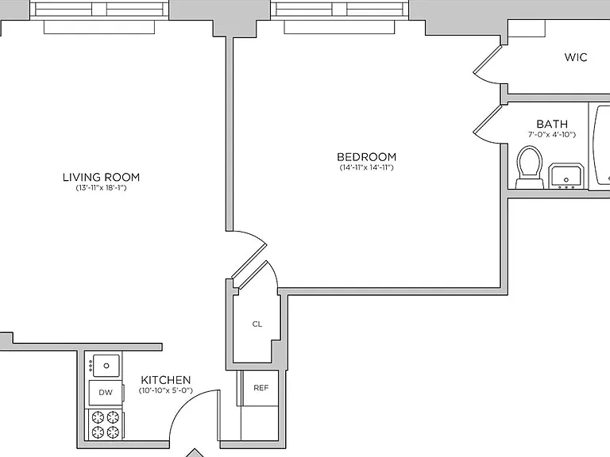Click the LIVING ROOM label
coord(101,177)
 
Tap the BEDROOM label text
coord(366,157)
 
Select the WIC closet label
coord(576,57)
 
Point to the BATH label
coord(552,124)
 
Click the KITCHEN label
coord(166,380)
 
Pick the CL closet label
coord(257,324)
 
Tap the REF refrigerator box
coord(261,388)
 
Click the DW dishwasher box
coord(106,393)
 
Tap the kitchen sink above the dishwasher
coord(106,366)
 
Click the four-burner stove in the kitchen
coord(105,424)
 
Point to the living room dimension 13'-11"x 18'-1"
coord(101,188)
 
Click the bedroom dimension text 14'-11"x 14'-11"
coord(366,168)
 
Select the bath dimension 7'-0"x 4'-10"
coord(552,134)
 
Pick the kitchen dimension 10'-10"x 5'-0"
coord(166,390)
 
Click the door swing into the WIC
coord(486,65)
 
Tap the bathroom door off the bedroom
coord(486,125)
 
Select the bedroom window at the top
coord(340,10)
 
